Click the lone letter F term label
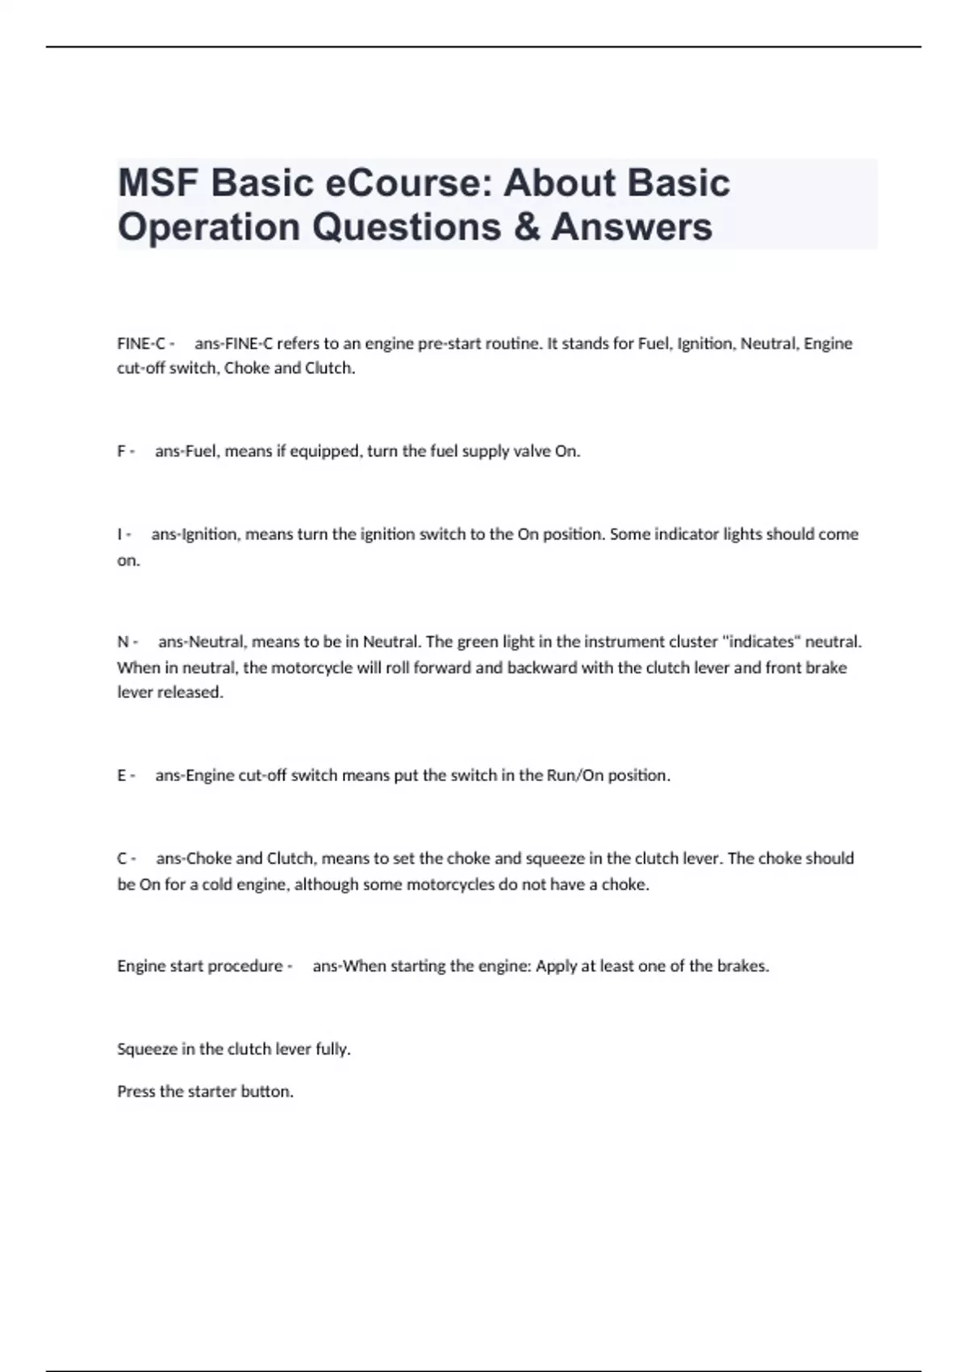(122, 452)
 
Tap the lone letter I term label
(120, 534)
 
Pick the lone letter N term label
(123, 642)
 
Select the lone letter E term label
(122, 776)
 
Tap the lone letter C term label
(122, 859)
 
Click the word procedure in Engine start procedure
(245, 966)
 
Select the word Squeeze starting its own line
(146, 1050)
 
